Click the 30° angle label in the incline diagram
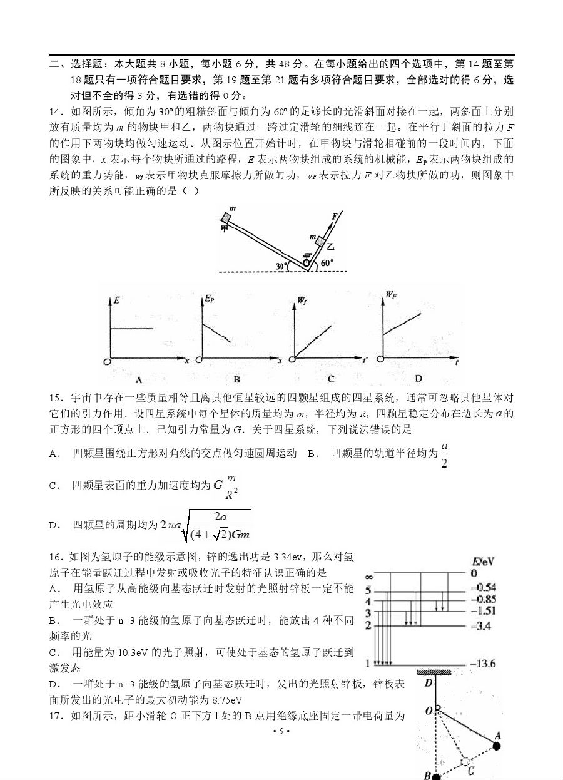coord(282,265)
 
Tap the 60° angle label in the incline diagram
coord(327,264)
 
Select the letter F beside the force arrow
coord(335,215)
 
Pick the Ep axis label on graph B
coord(209,299)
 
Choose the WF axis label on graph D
coord(392,293)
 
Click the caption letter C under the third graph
coord(330,379)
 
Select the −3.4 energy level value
coord(479,625)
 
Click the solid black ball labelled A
coord(497,746)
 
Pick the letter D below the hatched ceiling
coord(429,682)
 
